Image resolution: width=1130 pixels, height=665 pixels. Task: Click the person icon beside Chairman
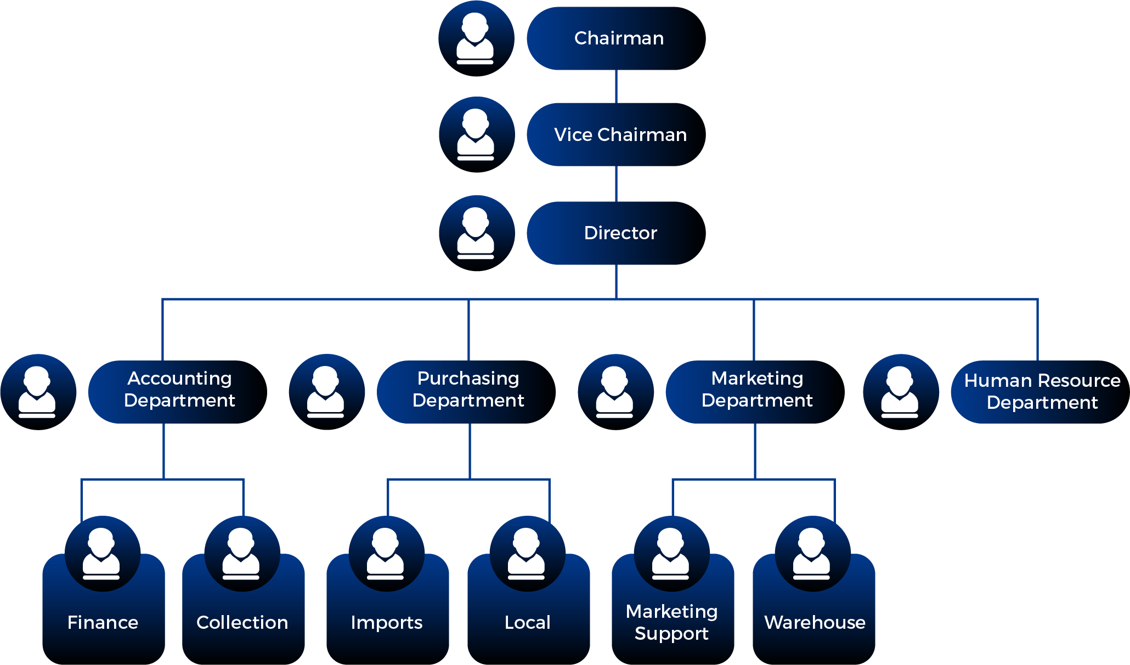tap(476, 38)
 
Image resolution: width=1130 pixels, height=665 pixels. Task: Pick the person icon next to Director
tap(477, 233)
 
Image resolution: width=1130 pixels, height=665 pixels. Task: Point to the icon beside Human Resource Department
tap(901, 392)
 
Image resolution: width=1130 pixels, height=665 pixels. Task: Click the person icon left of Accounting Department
tap(38, 392)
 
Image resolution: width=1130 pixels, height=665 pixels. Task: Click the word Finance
tap(103, 623)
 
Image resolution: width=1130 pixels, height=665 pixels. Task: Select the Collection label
tap(242, 623)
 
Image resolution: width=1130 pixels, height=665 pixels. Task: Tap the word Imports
tap(387, 623)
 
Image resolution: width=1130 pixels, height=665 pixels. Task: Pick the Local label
tap(528, 623)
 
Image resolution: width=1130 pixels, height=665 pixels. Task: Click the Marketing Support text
tap(672, 623)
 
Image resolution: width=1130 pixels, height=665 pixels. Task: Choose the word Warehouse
tap(815, 623)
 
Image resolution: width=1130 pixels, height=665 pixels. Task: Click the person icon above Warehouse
tap(812, 553)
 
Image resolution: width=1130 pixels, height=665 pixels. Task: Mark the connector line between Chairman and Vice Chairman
tap(616, 86)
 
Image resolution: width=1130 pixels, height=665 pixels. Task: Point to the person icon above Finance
tap(103, 553)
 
